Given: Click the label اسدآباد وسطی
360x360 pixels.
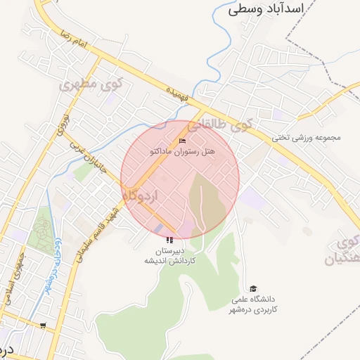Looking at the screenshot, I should point(265,9).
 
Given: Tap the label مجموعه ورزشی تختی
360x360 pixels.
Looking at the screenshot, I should point(307,137).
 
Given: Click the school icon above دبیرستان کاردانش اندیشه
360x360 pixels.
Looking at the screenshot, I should point(169,240).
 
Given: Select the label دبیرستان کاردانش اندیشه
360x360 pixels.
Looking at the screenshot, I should point(169,255).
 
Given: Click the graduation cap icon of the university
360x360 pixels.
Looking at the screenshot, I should point(253,288).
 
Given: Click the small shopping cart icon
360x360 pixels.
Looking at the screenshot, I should point(44,326).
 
